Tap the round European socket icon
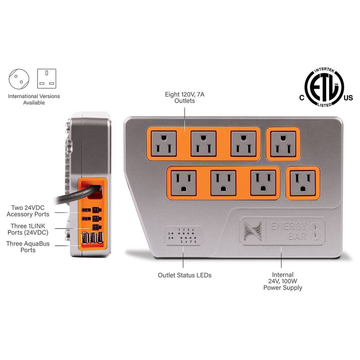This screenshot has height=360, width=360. point(19,78)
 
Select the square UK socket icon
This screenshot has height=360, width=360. point(47,78)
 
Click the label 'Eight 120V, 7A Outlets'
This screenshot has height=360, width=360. point(185,97)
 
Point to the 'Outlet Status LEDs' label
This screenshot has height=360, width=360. point(185,275)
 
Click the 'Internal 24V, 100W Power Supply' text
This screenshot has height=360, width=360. point(283,281)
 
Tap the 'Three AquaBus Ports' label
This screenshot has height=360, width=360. point(28,247)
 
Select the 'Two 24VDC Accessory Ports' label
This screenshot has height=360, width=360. point(28,211)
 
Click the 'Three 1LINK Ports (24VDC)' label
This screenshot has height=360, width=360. point(28,229)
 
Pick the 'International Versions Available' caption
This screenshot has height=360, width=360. point(34,99)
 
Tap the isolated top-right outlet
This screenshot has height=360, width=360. point(283,144)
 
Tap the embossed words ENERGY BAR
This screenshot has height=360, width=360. point(288,231)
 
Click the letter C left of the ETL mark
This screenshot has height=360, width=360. point(302,98)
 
